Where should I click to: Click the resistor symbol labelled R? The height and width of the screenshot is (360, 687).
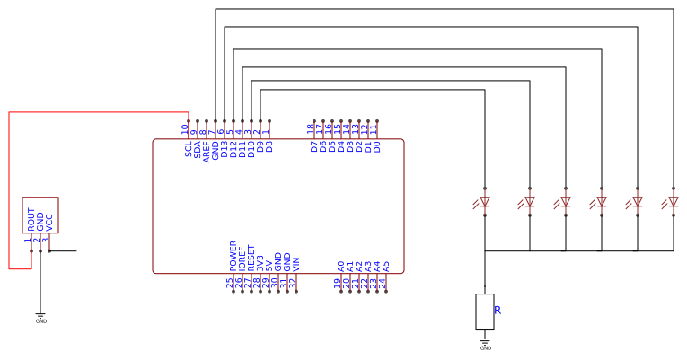[x=485, y=312]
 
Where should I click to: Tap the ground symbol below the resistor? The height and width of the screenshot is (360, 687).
[x=486, y=344]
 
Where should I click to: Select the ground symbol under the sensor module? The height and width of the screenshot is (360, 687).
[x=40, y=316]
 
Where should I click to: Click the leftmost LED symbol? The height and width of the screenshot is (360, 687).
[x=484, y=202]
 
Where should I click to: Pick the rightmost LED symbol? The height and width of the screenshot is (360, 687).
[x=673, y=202]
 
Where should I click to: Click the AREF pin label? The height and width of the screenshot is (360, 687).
[x=207, y=150]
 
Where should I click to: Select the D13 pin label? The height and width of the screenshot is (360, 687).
[x=225, y=150]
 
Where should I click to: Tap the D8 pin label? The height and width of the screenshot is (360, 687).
[x=269, y=146]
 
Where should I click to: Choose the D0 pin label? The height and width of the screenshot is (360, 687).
[x=377, y=146]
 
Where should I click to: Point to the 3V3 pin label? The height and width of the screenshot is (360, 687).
[x=260, y=263]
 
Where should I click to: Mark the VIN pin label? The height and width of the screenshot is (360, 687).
[x=296, y=264]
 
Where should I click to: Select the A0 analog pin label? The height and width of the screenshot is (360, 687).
[x=341, y=266]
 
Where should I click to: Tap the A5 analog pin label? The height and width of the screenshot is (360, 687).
[x=386, y=266]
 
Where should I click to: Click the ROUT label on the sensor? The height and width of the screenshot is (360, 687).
[x=31, y=220]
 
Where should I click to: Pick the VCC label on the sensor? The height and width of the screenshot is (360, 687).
[x=49, y=222]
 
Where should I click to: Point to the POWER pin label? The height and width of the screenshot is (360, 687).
[x=233, y=256]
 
